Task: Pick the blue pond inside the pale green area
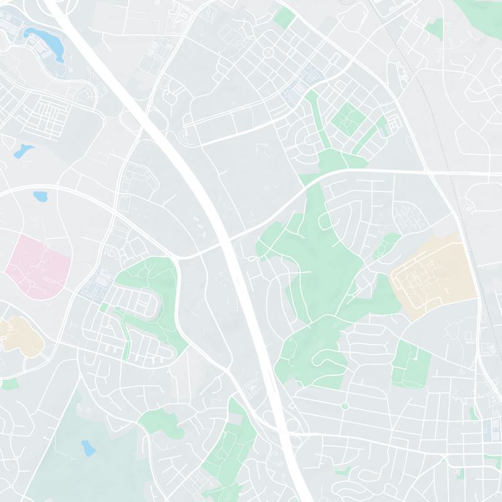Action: tap(88, 447)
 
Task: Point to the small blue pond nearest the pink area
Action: tap(41, 196)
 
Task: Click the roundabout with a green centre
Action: tap(344, 407)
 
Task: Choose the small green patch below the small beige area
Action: tap(9, 383)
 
